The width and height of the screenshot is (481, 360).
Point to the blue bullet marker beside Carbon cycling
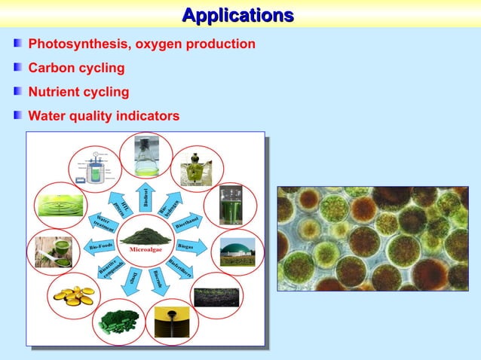click(x=18, y=69)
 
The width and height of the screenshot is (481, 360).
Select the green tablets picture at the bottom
click(x=118, y=322)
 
